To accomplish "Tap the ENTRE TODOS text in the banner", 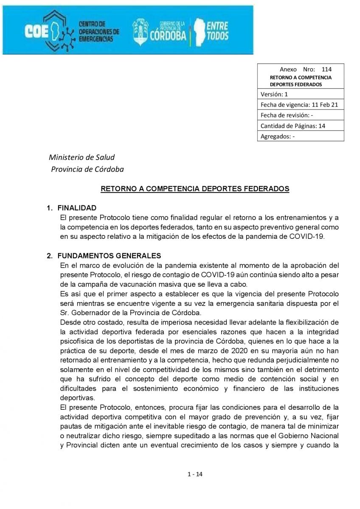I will pyautogui.click(x=217, y=31).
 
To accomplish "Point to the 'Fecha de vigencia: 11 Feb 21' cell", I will pyautogui.click(x=301, y=105).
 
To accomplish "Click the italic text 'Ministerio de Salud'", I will pyautogui.click(x=82, y=158).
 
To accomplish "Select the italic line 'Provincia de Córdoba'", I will pyautogui.click(x=87, y=170).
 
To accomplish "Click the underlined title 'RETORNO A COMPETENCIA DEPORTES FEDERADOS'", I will pyautogui.click(x=195, y=189).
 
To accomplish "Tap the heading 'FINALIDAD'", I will pyautogui.click(x=77, y=208).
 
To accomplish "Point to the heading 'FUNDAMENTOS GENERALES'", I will pyautogui.click(x=109, y=256).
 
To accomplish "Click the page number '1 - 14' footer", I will pyautogui.click(x=195, y=475).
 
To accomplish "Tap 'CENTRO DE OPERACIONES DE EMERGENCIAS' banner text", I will pyautogui.click(x=99, y=31).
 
